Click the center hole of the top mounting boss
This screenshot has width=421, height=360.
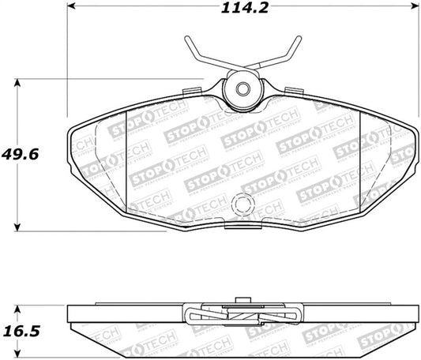click(243, 88)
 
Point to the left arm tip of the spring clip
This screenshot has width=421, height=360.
click(187, 39)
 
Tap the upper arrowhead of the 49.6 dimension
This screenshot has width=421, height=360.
click(17, 81)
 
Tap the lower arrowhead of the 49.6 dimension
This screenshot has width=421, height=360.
click(17, 227)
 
